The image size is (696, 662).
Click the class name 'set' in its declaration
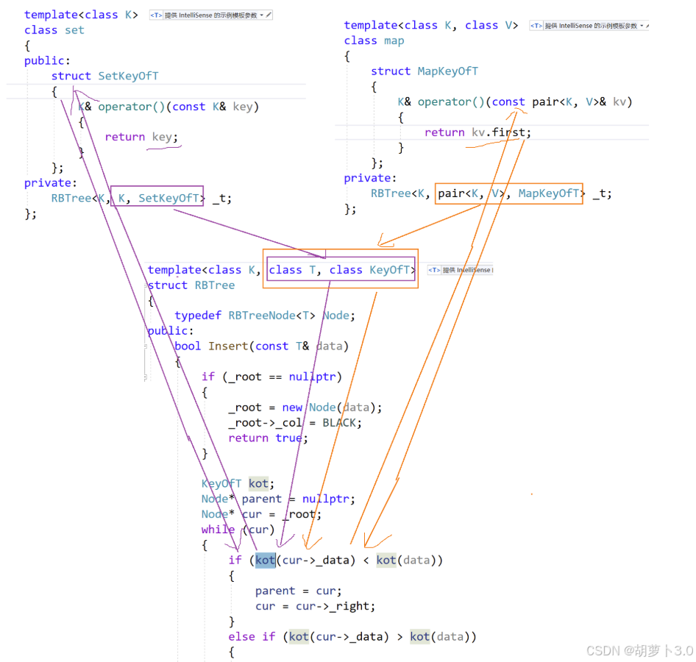[75, 30]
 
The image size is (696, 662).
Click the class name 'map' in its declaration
[394, 40]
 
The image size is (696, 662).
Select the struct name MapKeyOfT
[447, 71]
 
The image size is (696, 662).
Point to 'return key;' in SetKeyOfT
[141, 137]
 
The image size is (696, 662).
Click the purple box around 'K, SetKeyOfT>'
[158, 196]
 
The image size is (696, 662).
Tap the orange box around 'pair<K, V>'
[471, 193]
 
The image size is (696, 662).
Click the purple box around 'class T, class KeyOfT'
[341, 270]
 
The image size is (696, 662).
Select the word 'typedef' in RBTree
[198, 316]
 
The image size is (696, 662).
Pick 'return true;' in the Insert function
[268, 438]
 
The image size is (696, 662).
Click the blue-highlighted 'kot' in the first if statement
[265, 560]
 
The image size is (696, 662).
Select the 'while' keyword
[218, 530]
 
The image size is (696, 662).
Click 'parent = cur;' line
[298, 591]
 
